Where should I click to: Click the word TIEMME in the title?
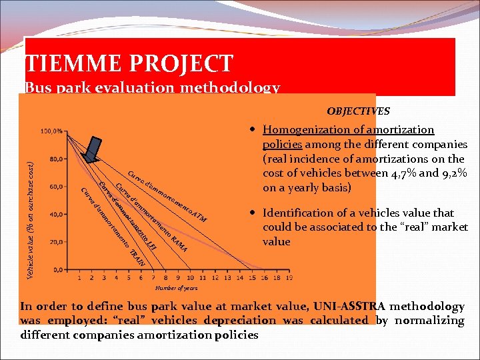70,63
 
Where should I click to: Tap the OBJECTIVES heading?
358,111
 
